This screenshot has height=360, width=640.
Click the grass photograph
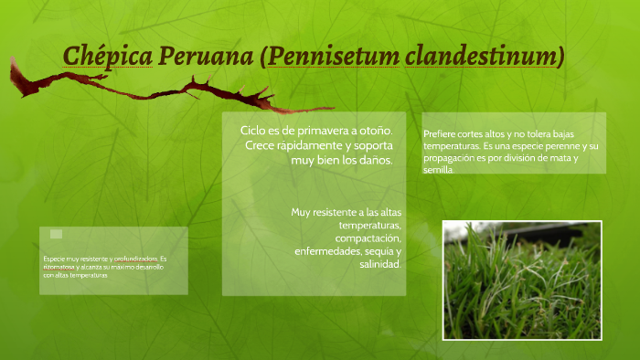521,280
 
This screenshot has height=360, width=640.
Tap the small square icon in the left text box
57,234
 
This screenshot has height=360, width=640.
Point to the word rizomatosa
61,267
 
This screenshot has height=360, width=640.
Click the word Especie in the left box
54,259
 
